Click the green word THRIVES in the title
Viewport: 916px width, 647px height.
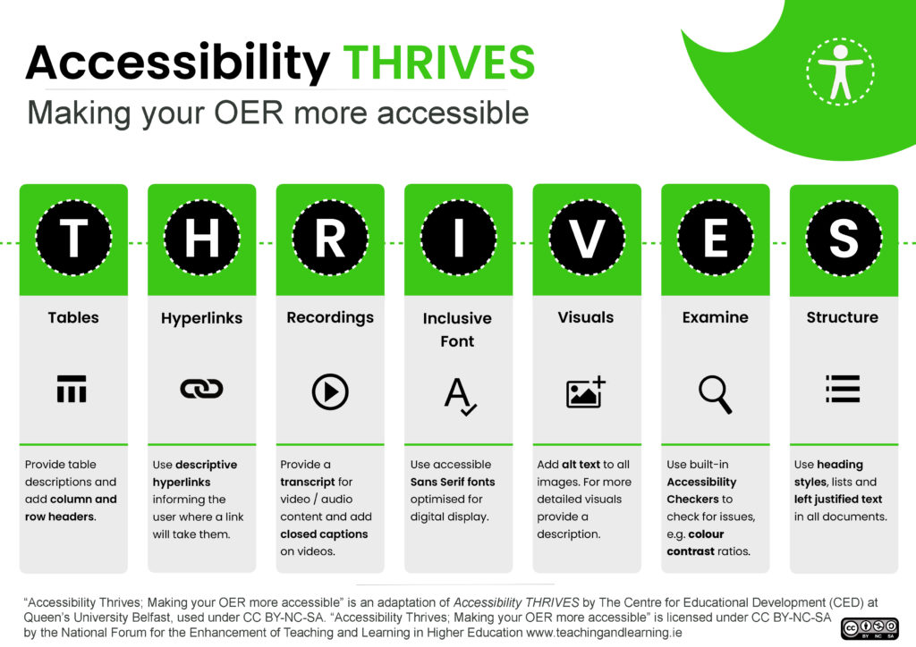[x=439, y=62]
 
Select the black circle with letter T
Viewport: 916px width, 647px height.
[x=73, y=239]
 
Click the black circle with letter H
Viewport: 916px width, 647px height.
[x=201, y=239]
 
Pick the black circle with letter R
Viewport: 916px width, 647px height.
[x=330, y=239]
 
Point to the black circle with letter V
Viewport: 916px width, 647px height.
[x=587, y=239]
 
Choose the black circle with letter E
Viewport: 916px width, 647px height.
[x=715, y=239]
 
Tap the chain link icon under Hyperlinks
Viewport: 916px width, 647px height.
[x=201, y=389]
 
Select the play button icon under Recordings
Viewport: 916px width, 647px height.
[x=330, y=391]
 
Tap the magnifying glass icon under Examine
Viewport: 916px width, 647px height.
[x=715, y=393]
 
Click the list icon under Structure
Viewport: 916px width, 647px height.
[x=842, y=389]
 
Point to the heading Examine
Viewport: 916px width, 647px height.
[x=715, y=317]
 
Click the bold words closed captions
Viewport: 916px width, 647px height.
[x=324, y=534]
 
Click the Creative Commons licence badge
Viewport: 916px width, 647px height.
[x=869, y=628]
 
